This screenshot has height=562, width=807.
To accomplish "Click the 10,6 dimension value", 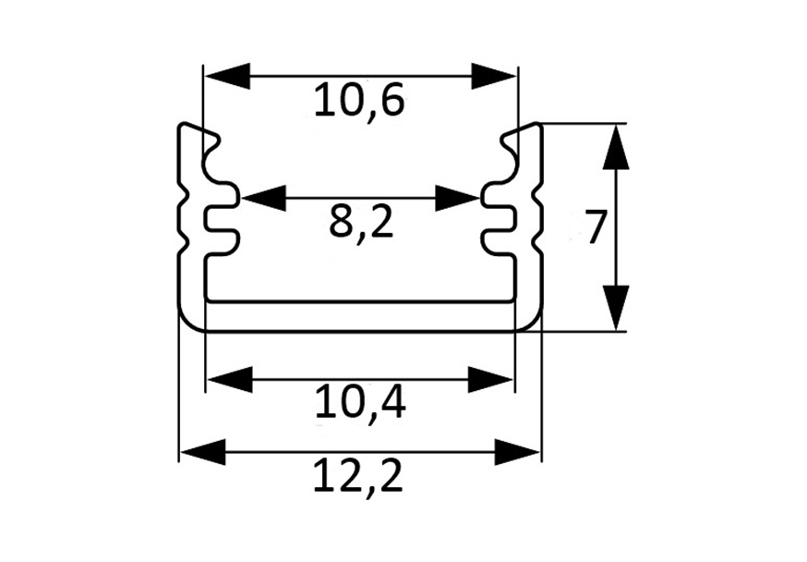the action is coord(360,101).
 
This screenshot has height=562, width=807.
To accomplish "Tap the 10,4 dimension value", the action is coord(360,403).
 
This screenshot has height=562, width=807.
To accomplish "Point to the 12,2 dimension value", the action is coord(358,476).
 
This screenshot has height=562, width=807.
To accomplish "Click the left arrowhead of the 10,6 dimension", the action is coord(227,77).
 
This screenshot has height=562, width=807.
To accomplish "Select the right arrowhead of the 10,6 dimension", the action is coord(494,77).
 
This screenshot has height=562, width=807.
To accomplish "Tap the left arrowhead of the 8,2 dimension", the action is coord(263,198).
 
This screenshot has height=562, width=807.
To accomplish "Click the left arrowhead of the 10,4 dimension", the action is coord(230,380).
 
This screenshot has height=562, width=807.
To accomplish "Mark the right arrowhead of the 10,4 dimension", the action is coord(490,380).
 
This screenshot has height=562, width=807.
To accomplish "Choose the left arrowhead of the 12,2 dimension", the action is coord(203,452).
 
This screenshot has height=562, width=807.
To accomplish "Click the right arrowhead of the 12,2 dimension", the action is coord(517,452).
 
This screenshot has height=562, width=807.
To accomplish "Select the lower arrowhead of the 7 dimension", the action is coord(616,308).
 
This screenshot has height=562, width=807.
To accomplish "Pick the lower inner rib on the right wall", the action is coord(499,241).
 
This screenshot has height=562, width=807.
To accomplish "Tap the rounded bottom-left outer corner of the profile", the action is coord(188,321).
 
